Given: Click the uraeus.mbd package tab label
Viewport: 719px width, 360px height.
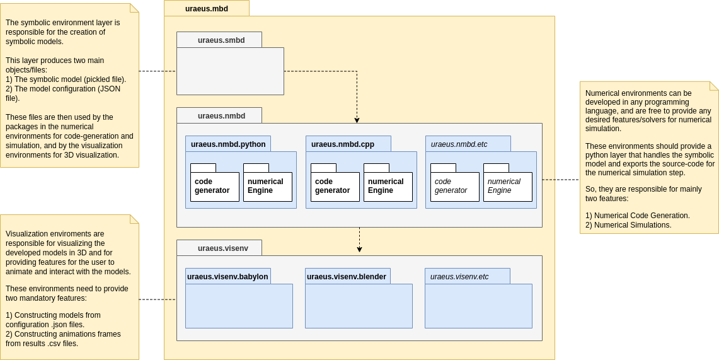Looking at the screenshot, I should (x=207, y=9).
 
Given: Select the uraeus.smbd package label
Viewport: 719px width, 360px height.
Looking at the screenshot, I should (x=221, y=40).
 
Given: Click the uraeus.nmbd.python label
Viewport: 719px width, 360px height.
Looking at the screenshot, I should (x=227, y=144).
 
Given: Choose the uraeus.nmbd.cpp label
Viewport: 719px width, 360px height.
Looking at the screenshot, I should (x=343, y=144).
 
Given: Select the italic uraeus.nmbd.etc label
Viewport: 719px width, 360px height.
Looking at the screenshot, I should (x=459, y=144).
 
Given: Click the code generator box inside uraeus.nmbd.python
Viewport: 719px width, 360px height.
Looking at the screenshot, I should (x=215, y=187).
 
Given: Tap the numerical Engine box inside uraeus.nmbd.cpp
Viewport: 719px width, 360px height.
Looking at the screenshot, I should (x=388, y=187).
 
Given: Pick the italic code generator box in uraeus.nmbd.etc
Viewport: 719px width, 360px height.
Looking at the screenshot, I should (x=454, y=187).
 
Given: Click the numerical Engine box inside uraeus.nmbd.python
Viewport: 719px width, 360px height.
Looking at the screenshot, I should (x=268, y=187).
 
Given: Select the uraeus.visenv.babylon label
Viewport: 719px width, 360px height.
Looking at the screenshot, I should (x=227, y=277).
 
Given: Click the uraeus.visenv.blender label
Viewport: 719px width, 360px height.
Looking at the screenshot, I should (x=347, y=277).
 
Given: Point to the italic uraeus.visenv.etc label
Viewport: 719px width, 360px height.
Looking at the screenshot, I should (x=459, y=277).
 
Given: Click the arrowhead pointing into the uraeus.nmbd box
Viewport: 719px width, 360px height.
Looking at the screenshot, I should (x=357, y=120).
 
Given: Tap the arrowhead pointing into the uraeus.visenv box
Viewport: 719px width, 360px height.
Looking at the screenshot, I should (x=359, y=249).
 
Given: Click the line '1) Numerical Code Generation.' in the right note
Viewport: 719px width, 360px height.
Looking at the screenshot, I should (x=637, y=216).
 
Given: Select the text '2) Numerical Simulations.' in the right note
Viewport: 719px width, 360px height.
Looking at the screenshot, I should (x=628, y=225).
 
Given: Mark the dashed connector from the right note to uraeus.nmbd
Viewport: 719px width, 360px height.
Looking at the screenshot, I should (x=561, y=180).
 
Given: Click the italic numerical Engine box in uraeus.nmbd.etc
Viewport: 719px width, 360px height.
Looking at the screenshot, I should (x=507, y=187).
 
